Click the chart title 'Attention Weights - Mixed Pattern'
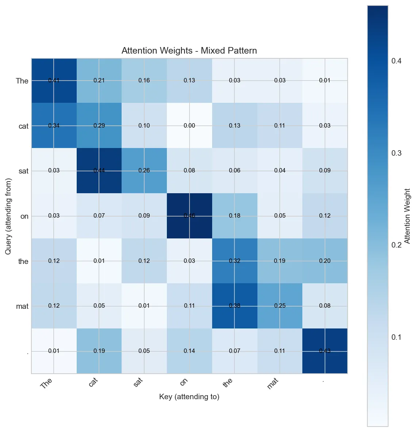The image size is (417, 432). [189, 51]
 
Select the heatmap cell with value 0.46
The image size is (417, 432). [190, 216]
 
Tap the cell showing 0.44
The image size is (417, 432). [99, 171]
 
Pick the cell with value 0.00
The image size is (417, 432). [190, 126]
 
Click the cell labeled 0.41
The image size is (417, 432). [54, 81]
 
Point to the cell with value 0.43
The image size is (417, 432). [325, 351]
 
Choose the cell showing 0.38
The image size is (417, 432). [234, 306]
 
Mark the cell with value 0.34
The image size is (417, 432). [54, 126]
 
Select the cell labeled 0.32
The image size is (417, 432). [234, 261]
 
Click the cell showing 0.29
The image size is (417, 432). [99, 126]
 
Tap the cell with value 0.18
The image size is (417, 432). [234, 216]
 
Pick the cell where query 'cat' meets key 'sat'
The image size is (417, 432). [144, 126]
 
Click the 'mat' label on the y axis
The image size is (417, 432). [22, 306]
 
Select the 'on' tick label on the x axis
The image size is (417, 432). [184, 381]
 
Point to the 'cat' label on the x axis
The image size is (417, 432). [93, 382]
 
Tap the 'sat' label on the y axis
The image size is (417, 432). [23, 171]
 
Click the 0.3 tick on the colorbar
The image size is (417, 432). [396, 153]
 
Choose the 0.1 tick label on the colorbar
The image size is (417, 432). [396, 337]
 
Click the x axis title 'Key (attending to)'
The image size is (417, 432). [189, 397]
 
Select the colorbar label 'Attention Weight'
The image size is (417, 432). [408, 216]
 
